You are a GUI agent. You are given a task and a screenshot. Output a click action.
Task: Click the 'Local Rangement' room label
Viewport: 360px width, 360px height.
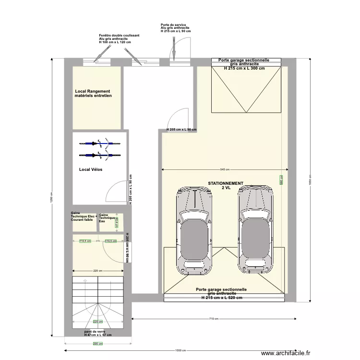pos(93,94)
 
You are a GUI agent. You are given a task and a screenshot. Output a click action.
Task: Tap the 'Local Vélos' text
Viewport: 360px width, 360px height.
pos(91,169)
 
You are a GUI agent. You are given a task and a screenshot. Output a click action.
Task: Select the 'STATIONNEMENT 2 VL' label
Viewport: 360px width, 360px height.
pos(226,186)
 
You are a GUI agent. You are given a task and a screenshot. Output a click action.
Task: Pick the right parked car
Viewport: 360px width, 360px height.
pos(256,228)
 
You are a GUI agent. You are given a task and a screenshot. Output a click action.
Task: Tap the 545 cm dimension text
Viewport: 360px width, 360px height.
pos(225,169)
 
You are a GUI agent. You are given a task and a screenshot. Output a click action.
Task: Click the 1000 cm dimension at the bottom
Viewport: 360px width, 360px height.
pos(180,350)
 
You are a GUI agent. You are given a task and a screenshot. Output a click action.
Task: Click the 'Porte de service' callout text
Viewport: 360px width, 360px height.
pos(176,27)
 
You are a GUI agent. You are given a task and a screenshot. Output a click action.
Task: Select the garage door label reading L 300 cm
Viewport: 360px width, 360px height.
pos(244,64)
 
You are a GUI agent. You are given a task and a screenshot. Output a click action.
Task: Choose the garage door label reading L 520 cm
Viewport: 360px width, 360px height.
pos(221,294)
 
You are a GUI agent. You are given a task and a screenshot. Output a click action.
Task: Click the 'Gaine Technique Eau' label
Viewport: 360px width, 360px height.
pos(107,218)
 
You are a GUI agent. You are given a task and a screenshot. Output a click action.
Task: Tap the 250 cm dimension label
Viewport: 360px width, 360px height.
pos(97,344)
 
